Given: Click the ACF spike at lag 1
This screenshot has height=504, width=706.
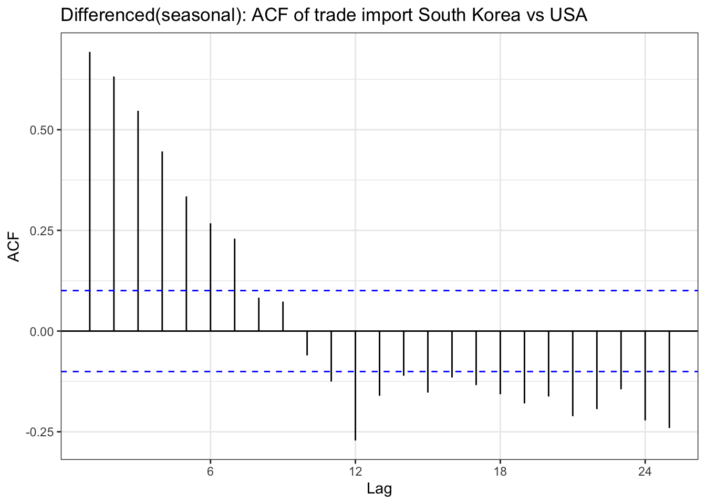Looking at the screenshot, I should coord(90,192).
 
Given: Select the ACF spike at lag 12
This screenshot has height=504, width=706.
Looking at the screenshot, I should coord(356,386).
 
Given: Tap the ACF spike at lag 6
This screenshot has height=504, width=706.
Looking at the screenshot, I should coord(211,277).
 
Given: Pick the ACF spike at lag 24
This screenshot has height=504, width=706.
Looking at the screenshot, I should coord(645,375).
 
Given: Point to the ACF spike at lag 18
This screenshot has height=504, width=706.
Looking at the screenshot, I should coord(500,362).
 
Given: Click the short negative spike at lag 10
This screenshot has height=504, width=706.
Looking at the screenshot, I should coord(307,343).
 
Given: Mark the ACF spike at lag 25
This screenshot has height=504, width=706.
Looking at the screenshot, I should coord(669,379).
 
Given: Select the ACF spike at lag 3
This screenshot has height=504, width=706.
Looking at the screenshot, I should coord(138,220).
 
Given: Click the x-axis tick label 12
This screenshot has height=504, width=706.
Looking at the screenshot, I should coord(356,471).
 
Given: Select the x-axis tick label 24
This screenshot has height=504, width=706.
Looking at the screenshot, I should coord(645,471).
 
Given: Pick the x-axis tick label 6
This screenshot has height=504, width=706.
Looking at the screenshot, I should coord(211,471).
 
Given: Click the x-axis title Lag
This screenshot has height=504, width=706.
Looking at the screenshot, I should coord(379,489).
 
